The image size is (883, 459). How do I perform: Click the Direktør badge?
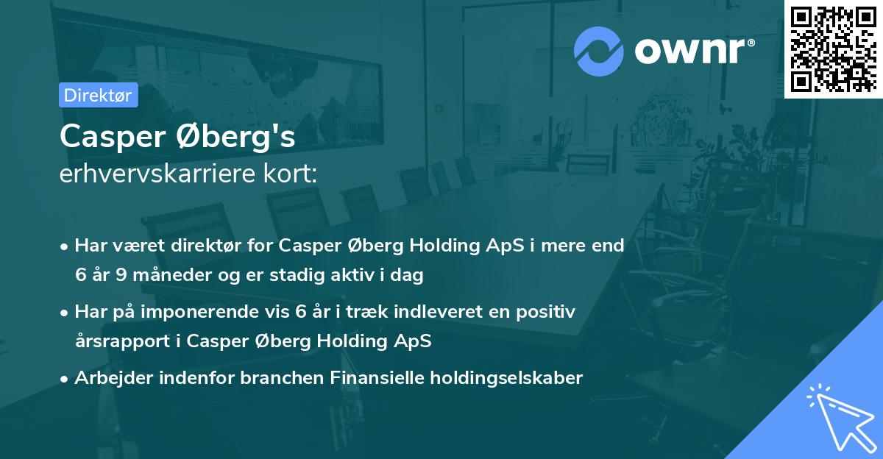tap(98, 95)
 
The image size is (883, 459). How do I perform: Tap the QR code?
tap(833, 49)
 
